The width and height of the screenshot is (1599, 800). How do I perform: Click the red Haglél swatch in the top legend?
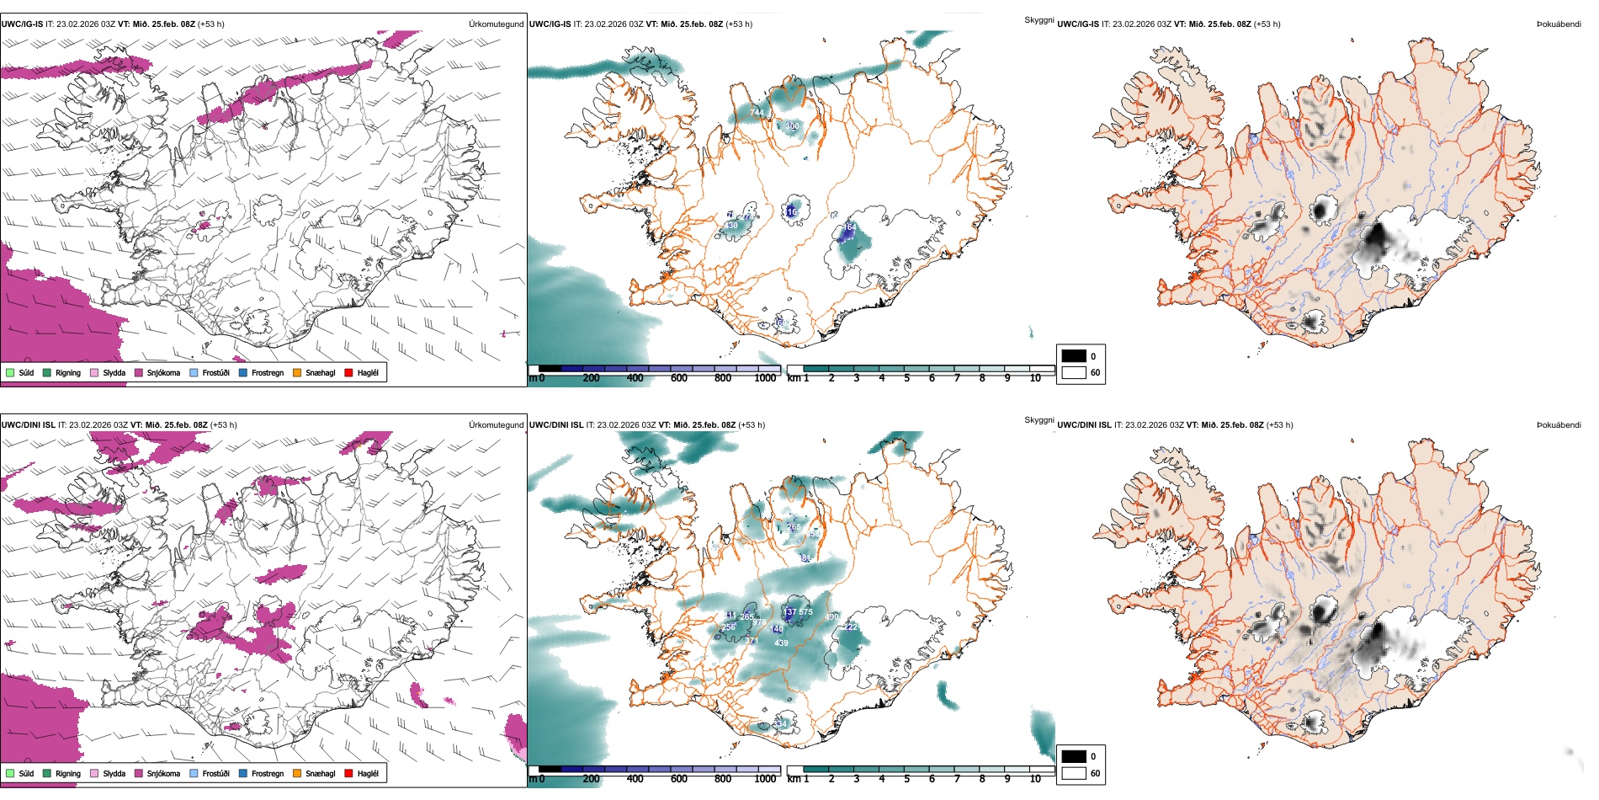point(348,372)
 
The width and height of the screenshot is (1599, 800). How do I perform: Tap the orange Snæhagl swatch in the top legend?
point(297,372)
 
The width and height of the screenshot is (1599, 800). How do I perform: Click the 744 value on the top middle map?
point(757,112)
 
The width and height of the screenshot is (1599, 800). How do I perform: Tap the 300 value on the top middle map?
point(792,126)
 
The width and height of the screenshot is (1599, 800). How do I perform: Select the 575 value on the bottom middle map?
point(805,612)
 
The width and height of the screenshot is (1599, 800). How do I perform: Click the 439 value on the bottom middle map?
point(781,643)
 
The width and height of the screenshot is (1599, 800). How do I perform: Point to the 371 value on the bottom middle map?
point(752,641)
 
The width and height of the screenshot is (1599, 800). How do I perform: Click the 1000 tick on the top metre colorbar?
point(765,378)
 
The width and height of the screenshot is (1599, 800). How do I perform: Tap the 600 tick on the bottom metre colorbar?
point(678,779)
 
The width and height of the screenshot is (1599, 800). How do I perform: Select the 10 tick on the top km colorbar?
point(1035,378)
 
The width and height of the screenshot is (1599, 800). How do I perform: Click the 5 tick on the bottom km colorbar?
point(906,779)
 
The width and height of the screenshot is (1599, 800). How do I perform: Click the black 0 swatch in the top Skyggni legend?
point(1074,356)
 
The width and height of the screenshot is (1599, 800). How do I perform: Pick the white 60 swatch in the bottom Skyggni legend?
point(1074,773)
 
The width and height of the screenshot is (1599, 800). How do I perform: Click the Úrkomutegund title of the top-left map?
point(496,24)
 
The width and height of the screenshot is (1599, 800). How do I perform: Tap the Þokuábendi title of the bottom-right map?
point(1559,424)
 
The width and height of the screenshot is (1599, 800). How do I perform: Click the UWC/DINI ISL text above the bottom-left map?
point(28,424)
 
